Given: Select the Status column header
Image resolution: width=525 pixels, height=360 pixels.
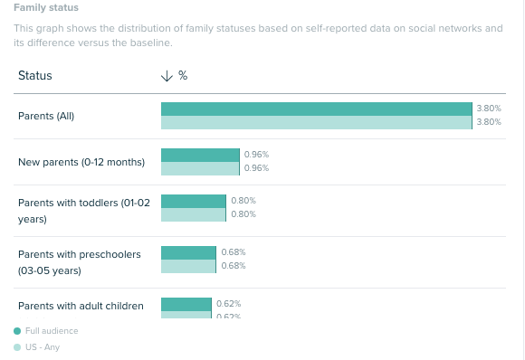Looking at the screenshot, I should click(x=34, y=76).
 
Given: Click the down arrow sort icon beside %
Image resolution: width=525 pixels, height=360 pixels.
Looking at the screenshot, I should click(x=167, y=76).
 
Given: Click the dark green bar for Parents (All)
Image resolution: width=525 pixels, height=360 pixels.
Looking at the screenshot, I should click(x=317, y=109).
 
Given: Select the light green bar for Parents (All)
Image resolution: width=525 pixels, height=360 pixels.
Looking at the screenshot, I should click(x=317, y=123).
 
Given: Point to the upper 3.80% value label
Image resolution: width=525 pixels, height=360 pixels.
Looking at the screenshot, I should click(x=489, y=109).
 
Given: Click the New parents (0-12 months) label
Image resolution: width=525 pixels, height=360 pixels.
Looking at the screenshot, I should click(x=81, y=162).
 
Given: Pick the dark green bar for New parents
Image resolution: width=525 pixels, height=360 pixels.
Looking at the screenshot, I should click(x=200, y=155).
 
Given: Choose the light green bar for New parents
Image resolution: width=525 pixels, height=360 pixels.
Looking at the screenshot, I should click(x=200, y=169).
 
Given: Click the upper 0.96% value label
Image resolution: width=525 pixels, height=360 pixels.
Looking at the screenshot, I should click(x=256, y=155).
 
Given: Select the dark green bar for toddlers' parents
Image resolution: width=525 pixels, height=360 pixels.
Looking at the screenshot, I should click(x=193, y=201).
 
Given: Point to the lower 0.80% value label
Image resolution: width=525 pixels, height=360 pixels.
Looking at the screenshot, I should click(x=243, y=214).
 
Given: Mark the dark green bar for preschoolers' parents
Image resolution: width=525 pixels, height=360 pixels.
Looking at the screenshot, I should click(x=188, y=251).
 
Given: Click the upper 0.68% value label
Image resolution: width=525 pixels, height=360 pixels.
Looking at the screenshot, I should click(x=234, y=251).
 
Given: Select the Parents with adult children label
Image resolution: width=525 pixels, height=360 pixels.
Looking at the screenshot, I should click(x=81, y=306).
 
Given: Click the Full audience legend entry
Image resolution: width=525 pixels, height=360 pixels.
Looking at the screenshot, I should click(x=52, y=331).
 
